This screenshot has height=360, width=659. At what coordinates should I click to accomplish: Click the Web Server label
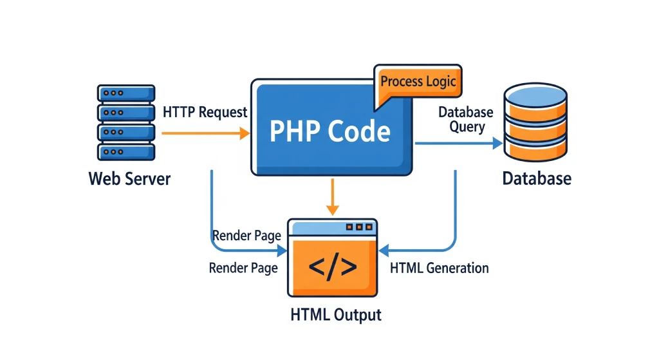tap(129, 178)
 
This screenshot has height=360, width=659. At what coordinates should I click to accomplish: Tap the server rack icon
tap(125, 122)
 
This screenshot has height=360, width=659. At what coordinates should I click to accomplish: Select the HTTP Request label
tap(205, 112)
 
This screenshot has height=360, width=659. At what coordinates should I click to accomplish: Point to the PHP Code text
tap(329, 131)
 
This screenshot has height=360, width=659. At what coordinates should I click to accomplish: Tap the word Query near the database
tap(467, 127)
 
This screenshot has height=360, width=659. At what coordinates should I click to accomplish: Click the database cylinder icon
tap(536, 122)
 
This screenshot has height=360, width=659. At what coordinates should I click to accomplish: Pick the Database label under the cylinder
tap(536, 178)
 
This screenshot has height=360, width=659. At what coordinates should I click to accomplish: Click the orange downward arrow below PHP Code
tap(332, 196)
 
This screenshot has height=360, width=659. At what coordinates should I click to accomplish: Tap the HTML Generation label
tap(439, 268)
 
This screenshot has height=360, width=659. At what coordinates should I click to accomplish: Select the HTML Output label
tap(336, 315)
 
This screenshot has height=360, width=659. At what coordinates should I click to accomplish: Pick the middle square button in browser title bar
tap(359, 227)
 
